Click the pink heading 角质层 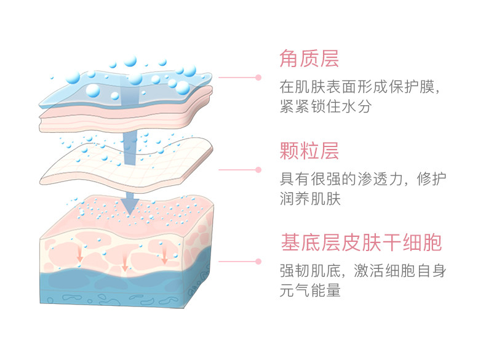[309, 59]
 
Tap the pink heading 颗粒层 [309, 151]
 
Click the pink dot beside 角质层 [259, 78]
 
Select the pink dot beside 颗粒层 [259, 169]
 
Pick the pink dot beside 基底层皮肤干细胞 [259, 261]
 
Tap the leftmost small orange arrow [79, 254]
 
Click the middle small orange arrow [125, 265]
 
